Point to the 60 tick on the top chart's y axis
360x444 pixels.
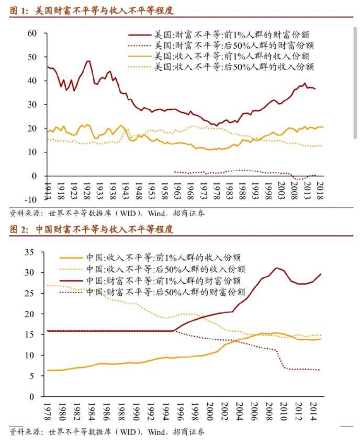(31, 33)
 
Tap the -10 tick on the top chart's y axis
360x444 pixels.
(30, 199)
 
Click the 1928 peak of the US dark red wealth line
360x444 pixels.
(88, 61)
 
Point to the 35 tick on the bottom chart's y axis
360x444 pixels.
(29, 252)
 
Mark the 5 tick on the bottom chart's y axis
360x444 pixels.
(32, 376)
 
